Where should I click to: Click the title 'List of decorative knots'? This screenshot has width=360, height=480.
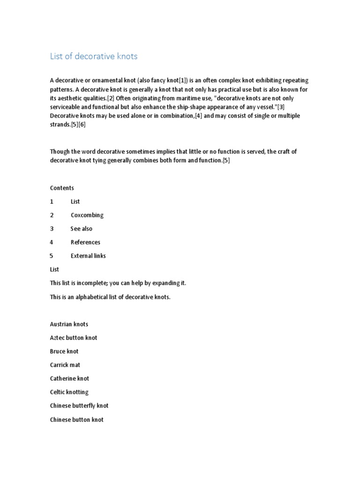point(94,57)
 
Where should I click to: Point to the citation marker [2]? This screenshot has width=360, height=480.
point(112,98)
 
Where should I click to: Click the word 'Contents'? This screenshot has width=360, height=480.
point(62,188)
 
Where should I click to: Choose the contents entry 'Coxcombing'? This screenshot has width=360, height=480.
point(87,215)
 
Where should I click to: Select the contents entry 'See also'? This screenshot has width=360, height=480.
point(82,229)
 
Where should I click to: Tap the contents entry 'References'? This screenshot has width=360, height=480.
point(85,242)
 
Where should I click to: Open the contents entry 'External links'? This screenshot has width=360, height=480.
point(88,256)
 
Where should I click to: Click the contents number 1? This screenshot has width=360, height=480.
point(52,202)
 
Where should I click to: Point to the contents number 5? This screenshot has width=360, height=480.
point(52,256)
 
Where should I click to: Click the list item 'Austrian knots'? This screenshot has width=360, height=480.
point(69,324)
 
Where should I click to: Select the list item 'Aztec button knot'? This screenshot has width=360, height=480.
point(74,338)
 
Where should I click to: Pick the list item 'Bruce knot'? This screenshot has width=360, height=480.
point(64,352)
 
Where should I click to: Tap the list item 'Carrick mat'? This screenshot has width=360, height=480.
point(65,365)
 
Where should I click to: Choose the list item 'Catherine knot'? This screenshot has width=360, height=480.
point(69,379)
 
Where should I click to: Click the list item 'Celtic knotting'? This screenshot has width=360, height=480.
point(69,392)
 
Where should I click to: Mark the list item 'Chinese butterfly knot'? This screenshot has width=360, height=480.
point(79,406)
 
